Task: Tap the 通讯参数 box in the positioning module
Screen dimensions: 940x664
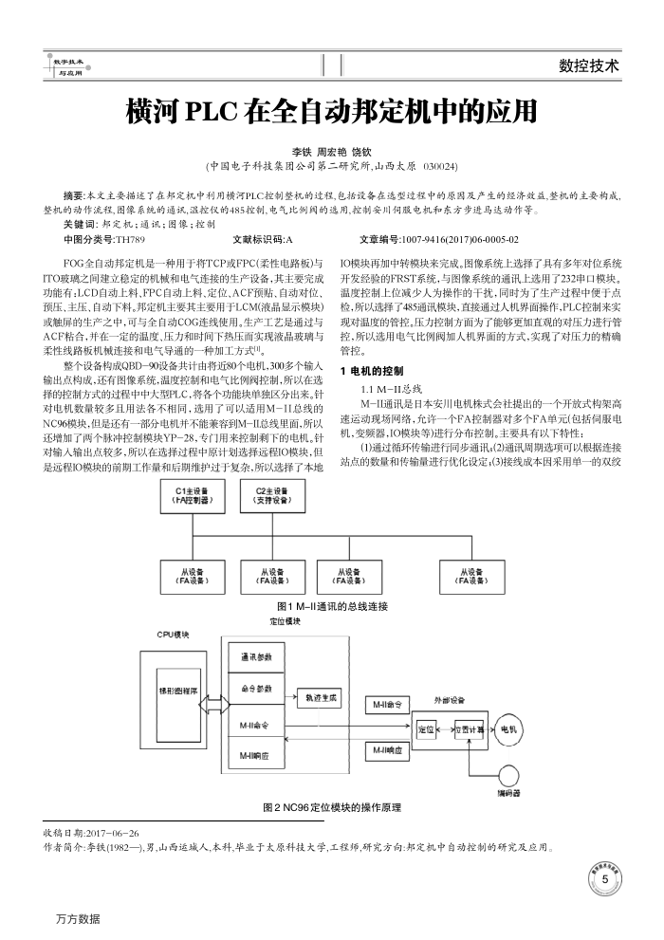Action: (256, 657)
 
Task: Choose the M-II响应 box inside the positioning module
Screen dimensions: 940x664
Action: (256, 756)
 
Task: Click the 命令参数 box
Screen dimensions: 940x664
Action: (256, 691)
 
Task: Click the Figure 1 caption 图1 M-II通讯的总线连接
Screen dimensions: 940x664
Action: (332, 605)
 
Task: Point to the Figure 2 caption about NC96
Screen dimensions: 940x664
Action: (331, 807)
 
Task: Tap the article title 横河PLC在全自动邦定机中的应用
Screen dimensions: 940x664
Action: (332, 112)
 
